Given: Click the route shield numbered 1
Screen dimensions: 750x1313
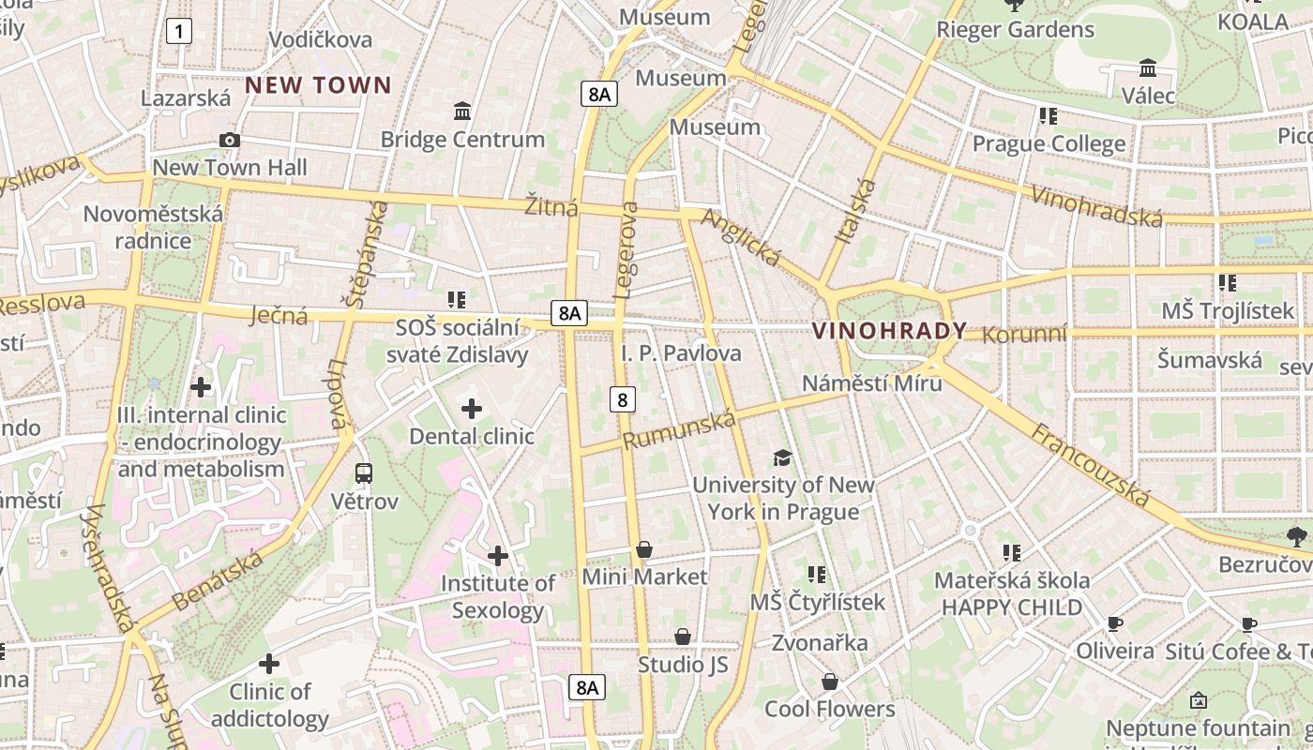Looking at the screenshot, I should click(x=178, y=32).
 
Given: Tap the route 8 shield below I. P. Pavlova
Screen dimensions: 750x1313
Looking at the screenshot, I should click(x=622, y=400).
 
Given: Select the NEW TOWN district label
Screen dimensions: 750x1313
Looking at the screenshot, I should click(x=318, y=85).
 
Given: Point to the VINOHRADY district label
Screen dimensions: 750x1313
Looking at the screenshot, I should click(x=889, y=331).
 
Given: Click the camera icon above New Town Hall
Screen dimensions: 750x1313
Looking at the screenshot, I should click(x=229, y=141).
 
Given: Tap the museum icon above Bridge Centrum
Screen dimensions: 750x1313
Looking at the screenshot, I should click(x=461, y=112).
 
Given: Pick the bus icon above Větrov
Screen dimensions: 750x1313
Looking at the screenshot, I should click(x=364, y=473).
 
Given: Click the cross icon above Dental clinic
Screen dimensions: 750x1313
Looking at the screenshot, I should click(x=472, y=409).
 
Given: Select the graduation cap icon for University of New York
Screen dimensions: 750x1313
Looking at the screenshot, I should click(x=782, y=457).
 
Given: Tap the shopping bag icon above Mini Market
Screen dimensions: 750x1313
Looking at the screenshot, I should click(x=644, y=549).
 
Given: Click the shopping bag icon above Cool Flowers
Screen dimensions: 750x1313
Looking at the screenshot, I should click(x=829, y=682).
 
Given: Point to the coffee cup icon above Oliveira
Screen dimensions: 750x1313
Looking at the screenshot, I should click(x=1114, y=623).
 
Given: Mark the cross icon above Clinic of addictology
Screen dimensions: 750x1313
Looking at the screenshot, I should click(x=269, y=664).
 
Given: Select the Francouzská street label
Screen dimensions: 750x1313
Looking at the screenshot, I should click(x=1091, y=465).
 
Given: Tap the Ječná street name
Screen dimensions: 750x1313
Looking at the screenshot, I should click(x=279, y=316).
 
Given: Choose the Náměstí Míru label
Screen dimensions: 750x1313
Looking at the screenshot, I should click(x=872, y=383).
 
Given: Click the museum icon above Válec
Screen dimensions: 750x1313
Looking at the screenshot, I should click(x=1148, y=68).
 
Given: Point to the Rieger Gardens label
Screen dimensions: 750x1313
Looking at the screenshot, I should click(x=1015, y=30).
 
